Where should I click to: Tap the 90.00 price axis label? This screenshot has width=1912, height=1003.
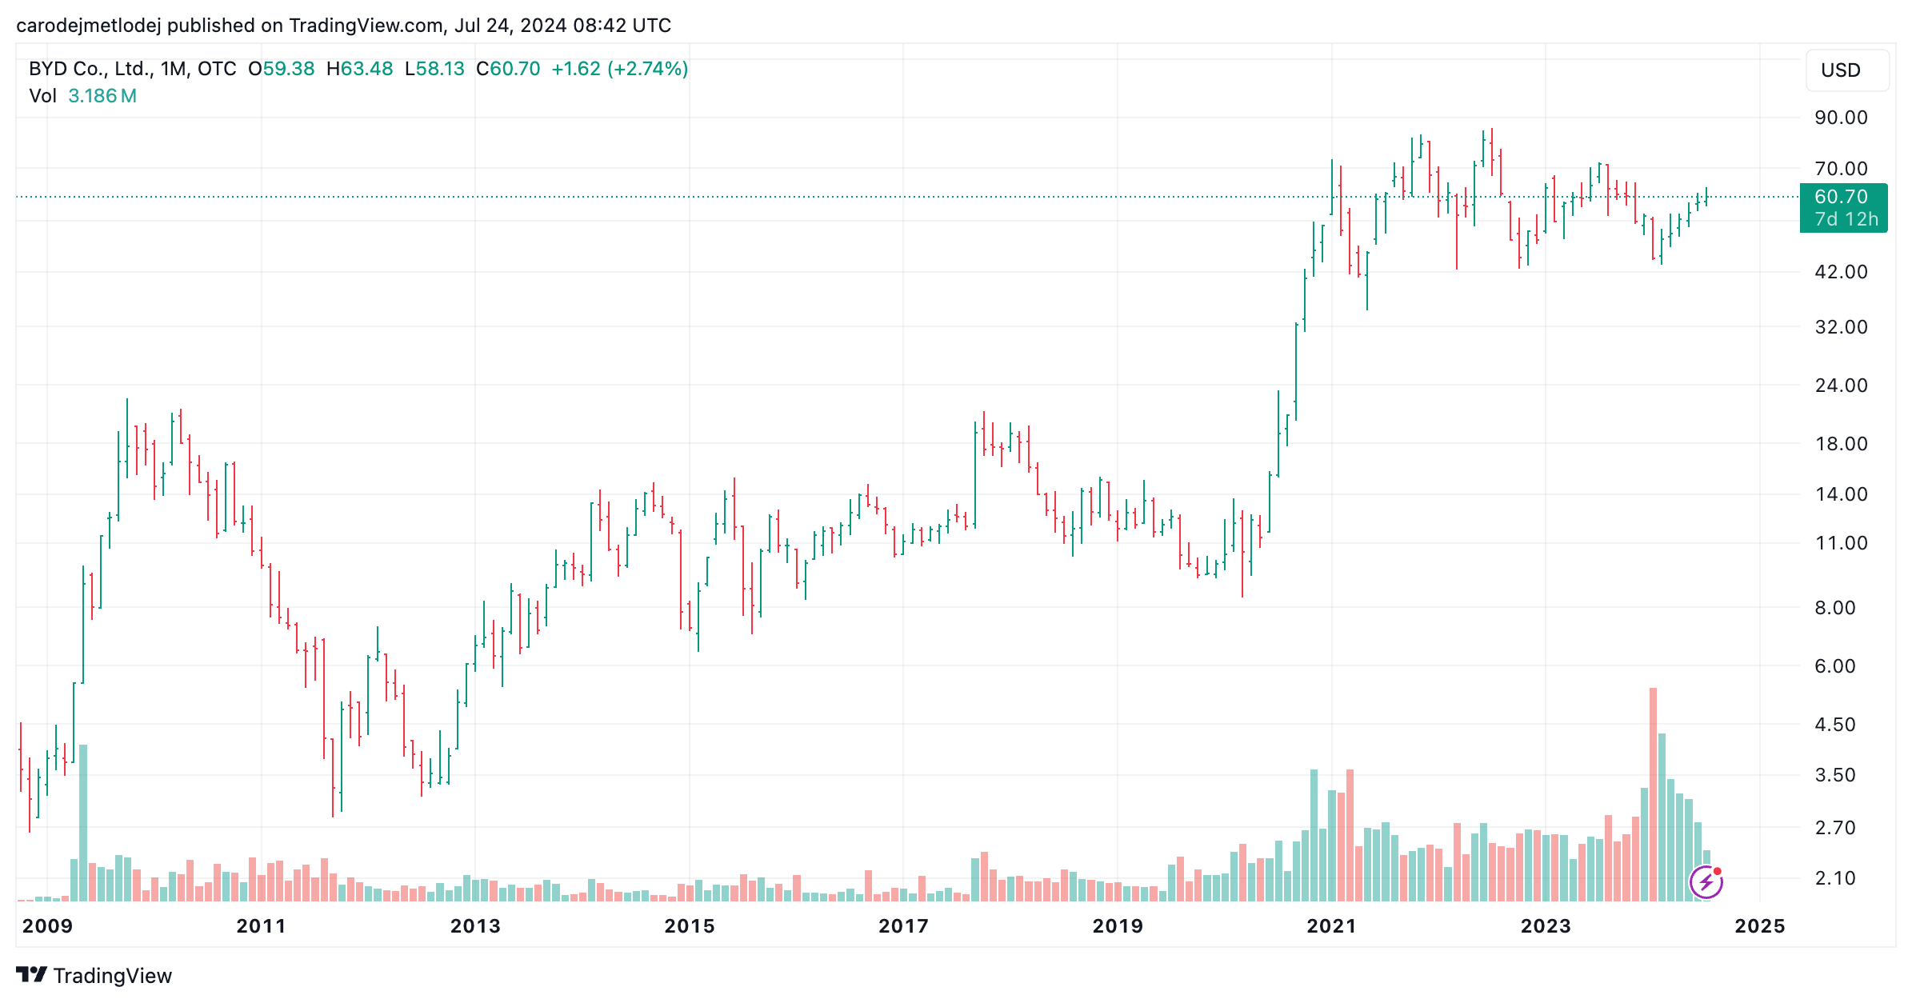pos(1841,118)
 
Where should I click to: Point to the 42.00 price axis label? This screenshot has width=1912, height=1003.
pos(1841,272)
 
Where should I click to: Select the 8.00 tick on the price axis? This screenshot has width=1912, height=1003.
pos(1834,608)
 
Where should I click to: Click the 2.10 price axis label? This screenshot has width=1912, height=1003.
pos(1834,878)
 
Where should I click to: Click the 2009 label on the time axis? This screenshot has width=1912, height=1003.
pos(47,926)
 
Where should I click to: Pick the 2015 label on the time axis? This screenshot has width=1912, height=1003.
pos(690,926)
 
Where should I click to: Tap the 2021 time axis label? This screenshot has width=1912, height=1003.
pos(1332,926)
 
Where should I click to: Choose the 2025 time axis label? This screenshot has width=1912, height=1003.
pos(1760,926)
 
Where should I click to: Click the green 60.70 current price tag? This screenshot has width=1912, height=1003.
pos(1843,208)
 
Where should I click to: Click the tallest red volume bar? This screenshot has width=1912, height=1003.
pos(1653,794)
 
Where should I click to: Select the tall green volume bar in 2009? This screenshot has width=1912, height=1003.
pos(83,823)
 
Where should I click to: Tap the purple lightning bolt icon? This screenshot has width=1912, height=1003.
pos(1706,882)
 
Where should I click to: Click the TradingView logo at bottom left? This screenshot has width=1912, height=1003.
pos(94,976)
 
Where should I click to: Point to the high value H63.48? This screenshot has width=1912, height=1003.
pos(360,69)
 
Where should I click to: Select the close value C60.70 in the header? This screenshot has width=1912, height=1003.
pos(508,69)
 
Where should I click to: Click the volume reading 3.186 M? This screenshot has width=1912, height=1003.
pos(102,96)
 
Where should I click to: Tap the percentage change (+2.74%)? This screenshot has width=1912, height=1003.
pos(648,69)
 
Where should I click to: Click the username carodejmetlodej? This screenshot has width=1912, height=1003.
pos(88,26)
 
